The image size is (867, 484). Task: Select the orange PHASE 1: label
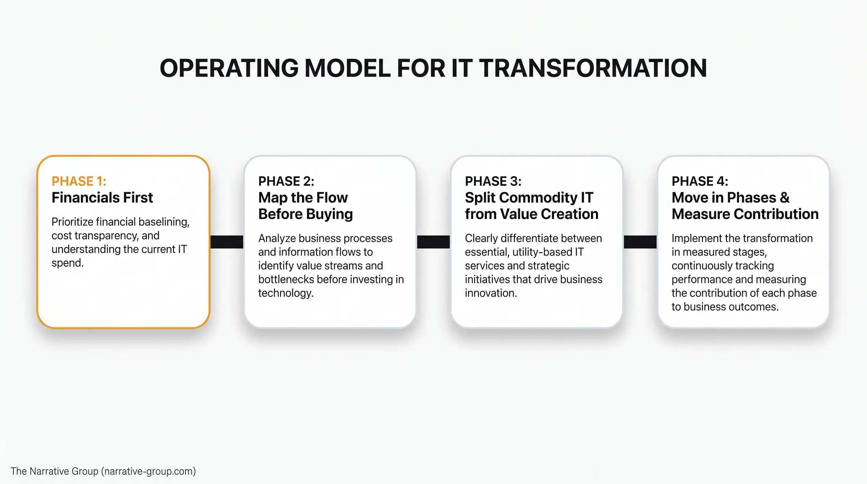pos(79,181)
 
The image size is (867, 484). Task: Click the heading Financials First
pos(102,197)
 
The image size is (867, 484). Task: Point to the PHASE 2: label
pos(286,181)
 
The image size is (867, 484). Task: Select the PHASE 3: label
pos(493,181)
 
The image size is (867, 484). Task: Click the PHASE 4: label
pos(700,181)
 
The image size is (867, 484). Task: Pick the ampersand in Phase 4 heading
pos(784,197)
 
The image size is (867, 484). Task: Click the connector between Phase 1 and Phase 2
pos(227,242)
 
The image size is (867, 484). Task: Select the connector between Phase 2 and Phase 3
pos(433,242)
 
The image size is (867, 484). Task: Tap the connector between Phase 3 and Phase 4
pos(640,242)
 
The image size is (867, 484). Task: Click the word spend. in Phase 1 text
pos(67,263)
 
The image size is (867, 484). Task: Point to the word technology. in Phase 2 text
pos(286,293)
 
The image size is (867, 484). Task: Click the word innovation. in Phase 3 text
pos(491,293)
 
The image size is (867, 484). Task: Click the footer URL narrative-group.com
pos(149,471)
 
